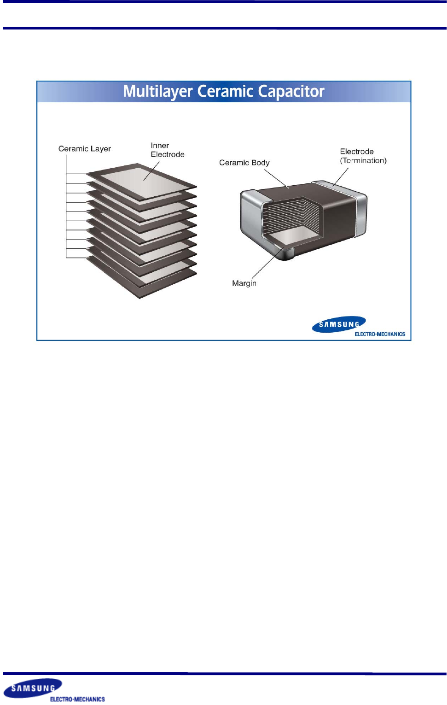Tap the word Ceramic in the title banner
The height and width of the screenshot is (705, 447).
tap(226, 92)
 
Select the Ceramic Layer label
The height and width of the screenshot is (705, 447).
tap(85, 149)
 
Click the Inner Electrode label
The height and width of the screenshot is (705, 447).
tap(167, 150)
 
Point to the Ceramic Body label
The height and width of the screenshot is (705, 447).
tap(244, 163)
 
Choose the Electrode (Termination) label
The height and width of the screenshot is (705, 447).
tap(363, 156)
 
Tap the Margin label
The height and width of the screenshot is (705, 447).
tap(244, 283)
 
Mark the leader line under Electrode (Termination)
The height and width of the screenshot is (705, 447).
tap(341, 177)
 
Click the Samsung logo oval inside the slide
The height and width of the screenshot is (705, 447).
tap(338, 324)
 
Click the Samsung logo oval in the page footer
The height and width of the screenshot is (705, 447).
tap(33, 688)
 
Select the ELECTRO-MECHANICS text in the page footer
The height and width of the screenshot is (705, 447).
tap(77, 699)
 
